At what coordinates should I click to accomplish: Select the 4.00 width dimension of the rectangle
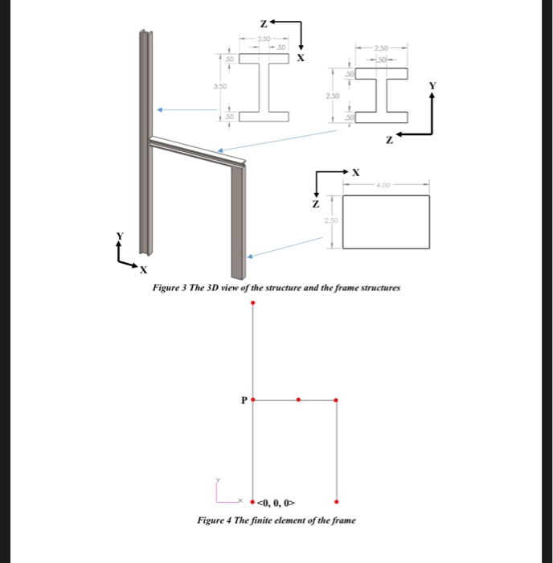[x=382, y=184]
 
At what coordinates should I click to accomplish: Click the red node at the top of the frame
[x=253, y=303]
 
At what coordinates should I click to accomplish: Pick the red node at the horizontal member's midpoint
[x=299, y=399]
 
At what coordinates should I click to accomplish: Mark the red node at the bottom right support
[x=336, y=499]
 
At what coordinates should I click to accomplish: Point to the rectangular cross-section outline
[x=386, y=221]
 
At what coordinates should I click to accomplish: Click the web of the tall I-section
[x=262, y=84]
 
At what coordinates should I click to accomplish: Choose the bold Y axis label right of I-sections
[x=433, y=84]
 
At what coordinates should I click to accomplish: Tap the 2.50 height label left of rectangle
[x=331, y=220]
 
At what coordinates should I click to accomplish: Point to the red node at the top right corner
[x=336, y=399]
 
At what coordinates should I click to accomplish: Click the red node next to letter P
[x=253, y=399]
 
